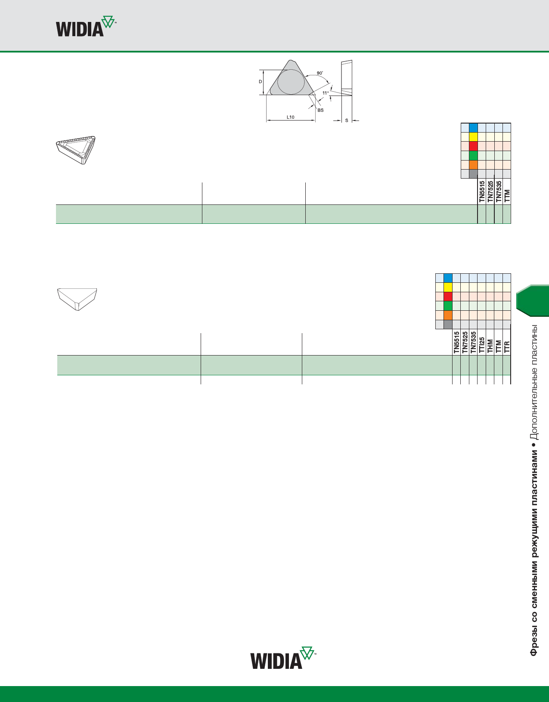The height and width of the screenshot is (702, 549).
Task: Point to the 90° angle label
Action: tap(319, 73)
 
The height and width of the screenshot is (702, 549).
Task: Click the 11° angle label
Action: tap(326, 93)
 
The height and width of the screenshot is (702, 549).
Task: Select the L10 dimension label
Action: tap(291, 117)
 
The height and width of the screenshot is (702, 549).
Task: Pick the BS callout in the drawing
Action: tap(320, 110)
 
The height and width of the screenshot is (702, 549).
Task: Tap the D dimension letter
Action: tap(261, 82)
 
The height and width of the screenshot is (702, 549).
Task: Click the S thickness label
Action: tap(347, 121)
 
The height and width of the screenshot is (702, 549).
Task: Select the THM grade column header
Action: tap(490, 346)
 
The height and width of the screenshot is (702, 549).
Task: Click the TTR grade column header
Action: tap(507, 346)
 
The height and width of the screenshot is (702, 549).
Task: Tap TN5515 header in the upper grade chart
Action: tap(482, 192)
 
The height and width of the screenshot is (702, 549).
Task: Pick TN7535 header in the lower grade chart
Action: tap(473, 342)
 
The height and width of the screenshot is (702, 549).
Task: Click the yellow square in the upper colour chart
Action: tap(473, 137)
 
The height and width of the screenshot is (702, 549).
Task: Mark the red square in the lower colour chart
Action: tap(448, 297)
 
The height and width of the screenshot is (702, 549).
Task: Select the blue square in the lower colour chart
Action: tap(448, 278)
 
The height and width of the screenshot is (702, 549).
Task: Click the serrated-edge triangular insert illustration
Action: tap(76, 150)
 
